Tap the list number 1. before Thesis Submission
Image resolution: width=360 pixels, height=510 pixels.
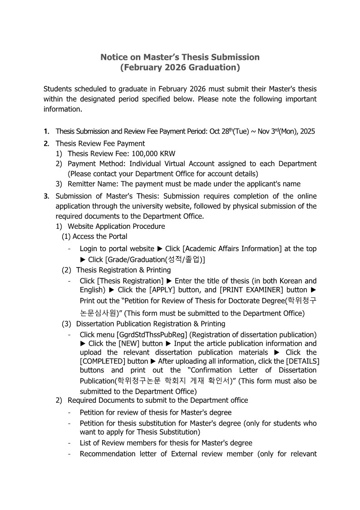point(46,131)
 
